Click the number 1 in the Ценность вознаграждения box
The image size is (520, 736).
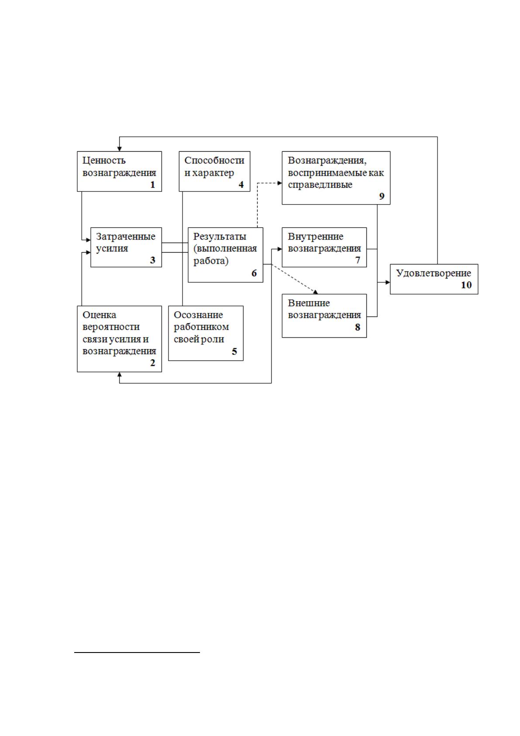pos(153,185)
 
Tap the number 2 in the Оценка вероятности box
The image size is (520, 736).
pos(153,363)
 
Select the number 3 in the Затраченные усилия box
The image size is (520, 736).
pos(153,260)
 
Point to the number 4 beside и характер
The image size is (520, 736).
pos(241,185)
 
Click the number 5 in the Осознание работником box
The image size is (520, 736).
pos(234,351)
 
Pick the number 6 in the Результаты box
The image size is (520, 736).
pos(254,273)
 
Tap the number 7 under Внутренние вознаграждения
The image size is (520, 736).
pos(358,260)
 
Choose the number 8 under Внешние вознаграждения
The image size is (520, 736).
pos(358,327)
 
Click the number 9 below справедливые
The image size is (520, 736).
pos(382,196)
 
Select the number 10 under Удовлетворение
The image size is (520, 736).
pos(466,285)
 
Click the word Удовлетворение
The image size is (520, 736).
pos(433,273)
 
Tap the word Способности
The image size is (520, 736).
pos(214,160)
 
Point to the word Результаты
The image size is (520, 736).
pos(220,236)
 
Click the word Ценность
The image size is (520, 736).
pos(104,160)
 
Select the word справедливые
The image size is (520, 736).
pos(320,185)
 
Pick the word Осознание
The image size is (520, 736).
pos(198,315)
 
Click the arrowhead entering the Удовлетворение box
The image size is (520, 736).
pos(388,282)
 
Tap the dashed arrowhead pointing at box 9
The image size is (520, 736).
pos(280,183)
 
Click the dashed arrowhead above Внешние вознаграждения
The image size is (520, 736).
pos(316,292)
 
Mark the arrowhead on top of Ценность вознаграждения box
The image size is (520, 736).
pos(120,149)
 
